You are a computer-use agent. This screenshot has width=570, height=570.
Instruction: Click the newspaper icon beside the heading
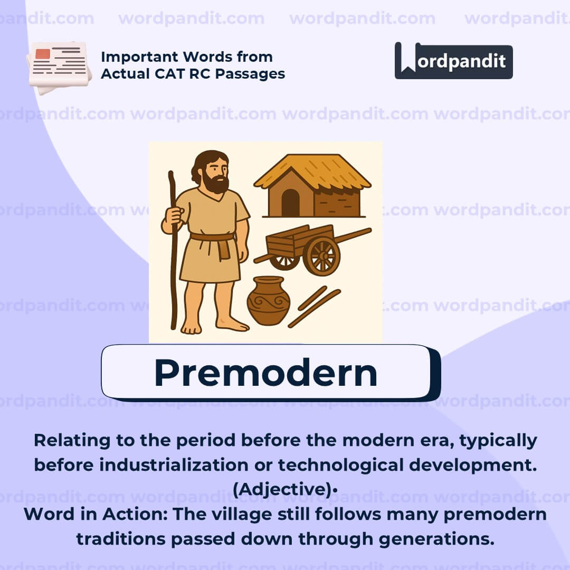click(x=58, y=66)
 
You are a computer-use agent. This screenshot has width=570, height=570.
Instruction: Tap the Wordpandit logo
click(x=453, y=61)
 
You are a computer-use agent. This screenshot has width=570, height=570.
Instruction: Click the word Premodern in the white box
click(x=265, y=373)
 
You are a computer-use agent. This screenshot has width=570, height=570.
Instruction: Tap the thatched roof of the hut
click(x=312, y=170)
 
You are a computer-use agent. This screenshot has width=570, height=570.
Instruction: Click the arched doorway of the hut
click(x=290, y=202)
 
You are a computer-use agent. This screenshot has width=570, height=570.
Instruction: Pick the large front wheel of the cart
click(x=321, y=256)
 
